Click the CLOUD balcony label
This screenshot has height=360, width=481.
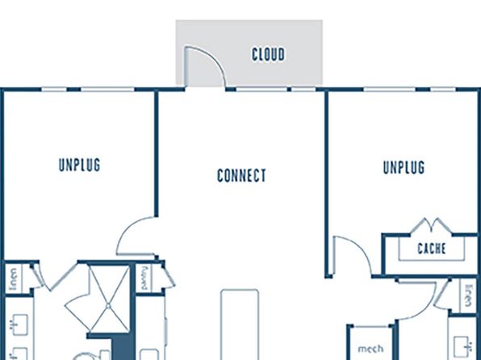pyautogui.click(x=269, y=54)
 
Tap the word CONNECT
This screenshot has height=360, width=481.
pyautogui.click(x=241, y=175)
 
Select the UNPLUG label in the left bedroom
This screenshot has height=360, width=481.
pyautogui.click(x=79, y=165)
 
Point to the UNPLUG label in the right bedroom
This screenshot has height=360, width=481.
pyautogui.click(x=404, y=167)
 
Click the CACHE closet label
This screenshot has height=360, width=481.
pyautogui.click(x=432, y=249)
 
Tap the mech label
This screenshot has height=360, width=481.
pyautogui.click(x=370, y=349)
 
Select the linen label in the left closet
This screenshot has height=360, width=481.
pyautogui.click(x=13, y=278)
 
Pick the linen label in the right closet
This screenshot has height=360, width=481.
pyautogui.click(x=468, y=295)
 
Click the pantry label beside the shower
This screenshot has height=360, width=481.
pyautogui.click(x=144, y=278)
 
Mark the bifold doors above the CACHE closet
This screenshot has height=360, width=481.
pyautogui.click(x=431, y=225)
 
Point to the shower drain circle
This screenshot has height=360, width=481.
pyautogui.click(x=108, y=306)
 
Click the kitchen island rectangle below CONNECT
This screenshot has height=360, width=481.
pyautogui.click(x=240, y=324)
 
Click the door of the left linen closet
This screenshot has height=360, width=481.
pyautogui.click(x=37, y=276)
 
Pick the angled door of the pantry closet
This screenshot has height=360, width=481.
pyautogui.click(x=169, y=276)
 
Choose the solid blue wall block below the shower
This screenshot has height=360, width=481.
pyautogui.click(x=123, y=347)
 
